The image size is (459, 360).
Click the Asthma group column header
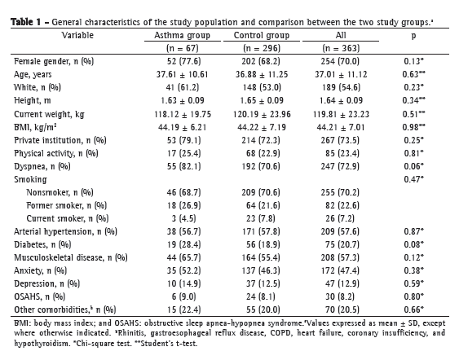click(182, 35)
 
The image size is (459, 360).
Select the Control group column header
click(262, 35)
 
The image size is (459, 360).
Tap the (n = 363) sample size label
click(341, 48)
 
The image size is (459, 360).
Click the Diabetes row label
click(42, 244)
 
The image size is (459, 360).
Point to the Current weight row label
click(49, 114)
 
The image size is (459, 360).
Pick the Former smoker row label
click(67, 205)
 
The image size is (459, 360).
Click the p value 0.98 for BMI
click(413, 127)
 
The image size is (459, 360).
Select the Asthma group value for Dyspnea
click(183, 166)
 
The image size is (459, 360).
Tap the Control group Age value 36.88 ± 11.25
click(262, 74)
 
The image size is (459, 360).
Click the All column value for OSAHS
click(340, 296)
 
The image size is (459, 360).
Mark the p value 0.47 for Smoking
click(413, 179)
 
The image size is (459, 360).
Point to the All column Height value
click(341, 101)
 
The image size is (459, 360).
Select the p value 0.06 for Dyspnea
click(413, 166)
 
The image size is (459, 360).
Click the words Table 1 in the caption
click(26, 22)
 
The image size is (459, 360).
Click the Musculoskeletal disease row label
click(71, 257)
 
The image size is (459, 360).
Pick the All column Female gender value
click(340, 61)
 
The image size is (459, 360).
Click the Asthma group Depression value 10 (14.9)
click(183, 283)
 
